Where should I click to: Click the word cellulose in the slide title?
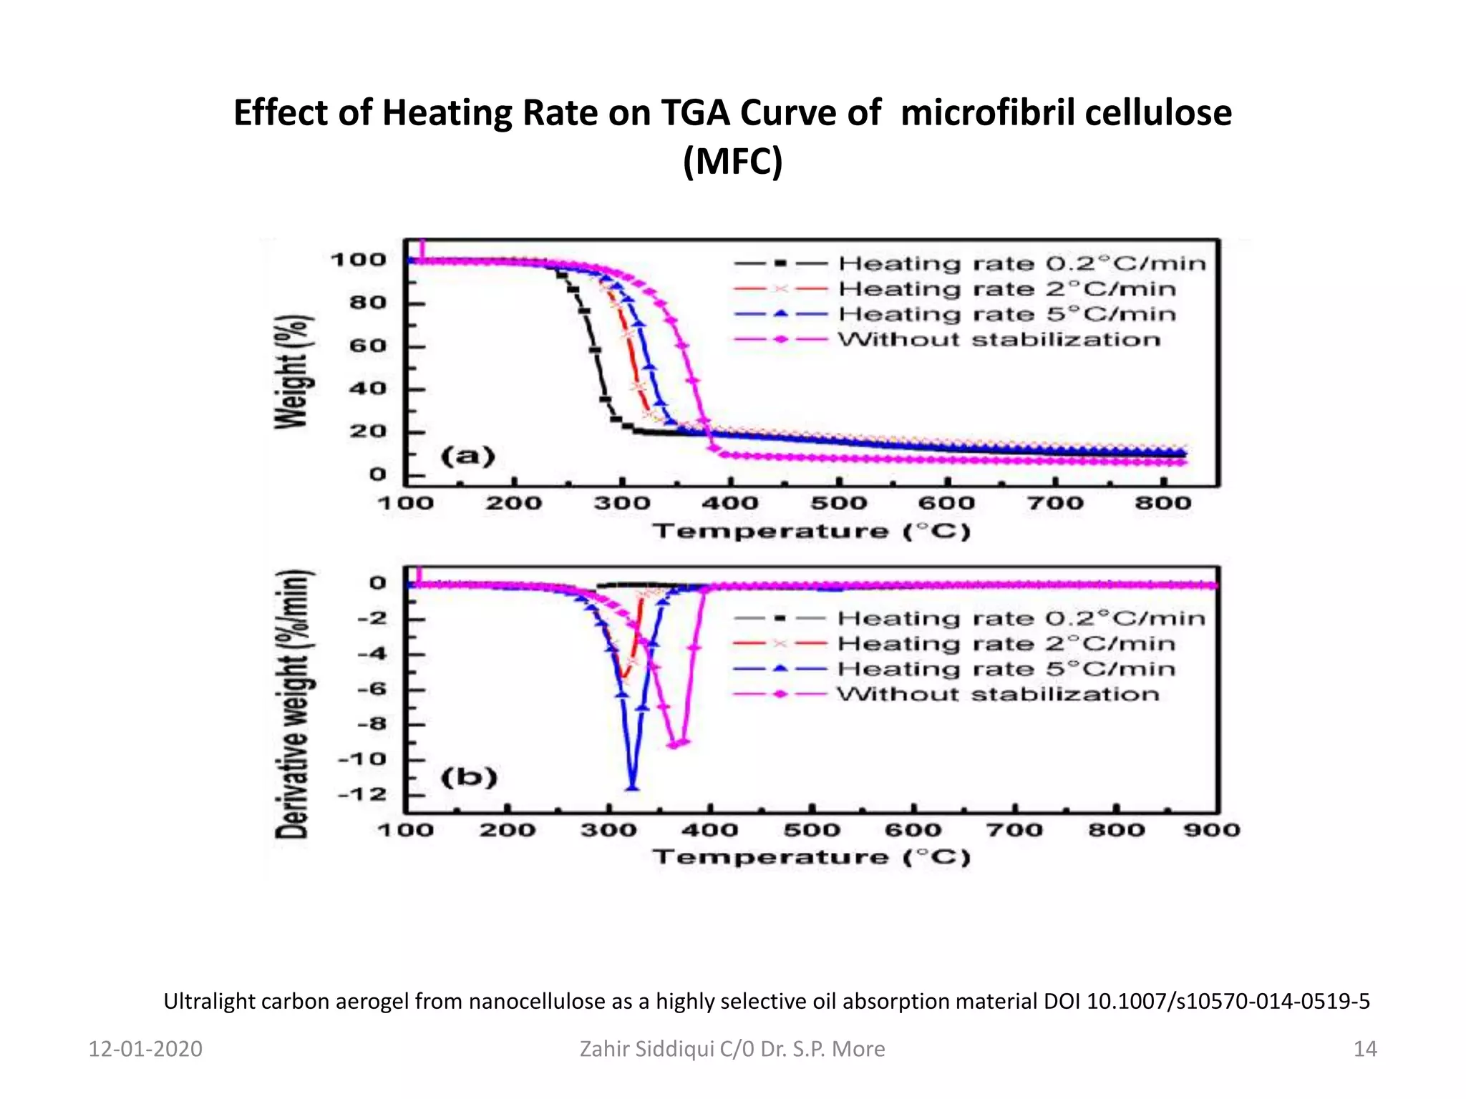[1157, 113]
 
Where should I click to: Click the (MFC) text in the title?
[732, 161]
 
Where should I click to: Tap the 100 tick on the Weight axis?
[358, 260]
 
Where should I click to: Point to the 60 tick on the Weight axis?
[367, 346]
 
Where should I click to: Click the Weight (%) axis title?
[293, 372]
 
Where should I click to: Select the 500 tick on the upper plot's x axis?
[838, 503]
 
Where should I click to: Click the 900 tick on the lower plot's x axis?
[1211, 830]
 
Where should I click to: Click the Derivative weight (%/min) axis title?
[293, 705]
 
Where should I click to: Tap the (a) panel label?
[468, 456]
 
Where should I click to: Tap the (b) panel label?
[469, 777]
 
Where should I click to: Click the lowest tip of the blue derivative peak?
[633, 788]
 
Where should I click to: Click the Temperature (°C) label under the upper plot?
[811, 532]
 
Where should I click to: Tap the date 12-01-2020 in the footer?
[145, 1049]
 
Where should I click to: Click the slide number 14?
[1364, 1049]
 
